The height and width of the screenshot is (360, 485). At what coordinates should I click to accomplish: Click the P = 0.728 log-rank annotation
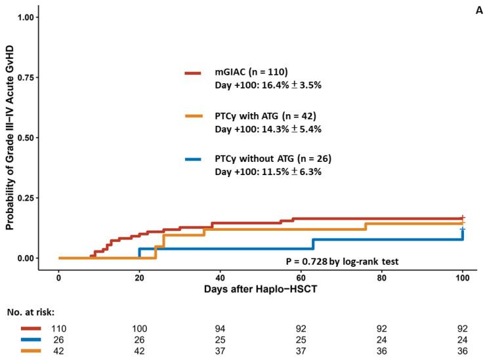click(x=342, y=261)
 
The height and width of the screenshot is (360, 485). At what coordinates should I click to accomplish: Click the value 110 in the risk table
click(x=59, y=328)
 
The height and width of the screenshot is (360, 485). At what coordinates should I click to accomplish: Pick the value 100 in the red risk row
click(x=139, y=328)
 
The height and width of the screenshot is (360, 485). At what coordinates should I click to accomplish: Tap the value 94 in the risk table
click(x=221, y=328)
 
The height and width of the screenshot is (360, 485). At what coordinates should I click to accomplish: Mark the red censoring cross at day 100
click(x=463, y=218)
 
